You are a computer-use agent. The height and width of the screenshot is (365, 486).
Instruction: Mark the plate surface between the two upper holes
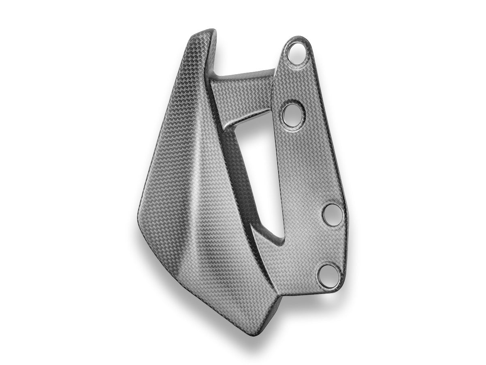coord(296,83)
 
